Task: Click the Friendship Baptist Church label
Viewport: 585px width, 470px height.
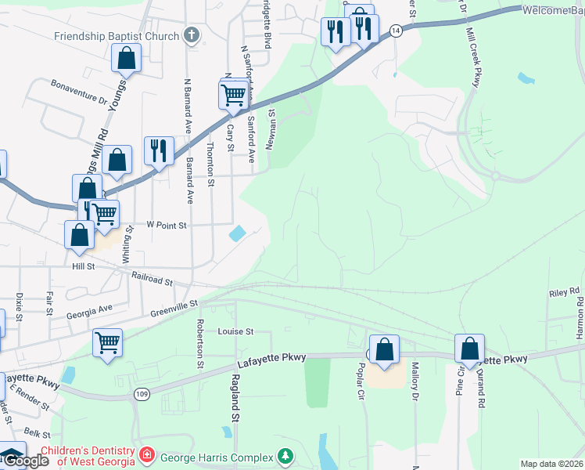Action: pos(117,36)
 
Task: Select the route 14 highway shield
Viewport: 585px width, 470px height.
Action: pos(397,30)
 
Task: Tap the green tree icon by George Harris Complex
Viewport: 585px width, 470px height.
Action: pos(286,455)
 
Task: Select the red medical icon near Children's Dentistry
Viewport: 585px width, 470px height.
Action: pos(145,455)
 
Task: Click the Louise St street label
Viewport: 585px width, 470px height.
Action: pos(236,331)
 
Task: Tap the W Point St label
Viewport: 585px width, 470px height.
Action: pos(168,225)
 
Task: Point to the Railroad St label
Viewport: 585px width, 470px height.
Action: pos(152,277)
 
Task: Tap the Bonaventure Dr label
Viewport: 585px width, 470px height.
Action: pos(78,91)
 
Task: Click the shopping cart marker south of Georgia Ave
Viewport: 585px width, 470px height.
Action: pos(106,342)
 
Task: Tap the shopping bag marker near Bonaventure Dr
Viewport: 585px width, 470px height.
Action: pos(126,57)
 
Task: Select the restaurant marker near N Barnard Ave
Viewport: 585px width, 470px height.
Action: pos(159,150)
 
